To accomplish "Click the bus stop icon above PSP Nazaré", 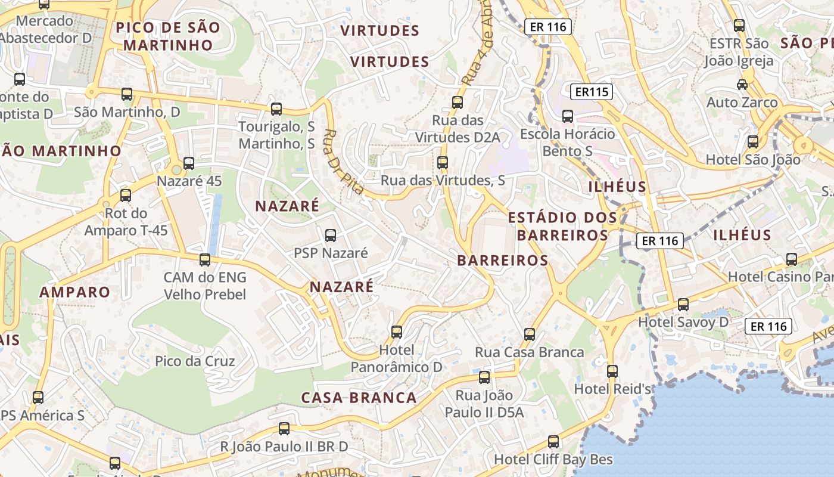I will (331, 236).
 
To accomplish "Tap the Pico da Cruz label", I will (195, 361).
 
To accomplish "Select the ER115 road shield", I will (591, 92).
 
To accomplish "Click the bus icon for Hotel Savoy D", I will (683, 304).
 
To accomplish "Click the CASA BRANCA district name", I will (359, 398).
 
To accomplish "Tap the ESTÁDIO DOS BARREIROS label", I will (562, 226).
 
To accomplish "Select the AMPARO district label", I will (75, 292).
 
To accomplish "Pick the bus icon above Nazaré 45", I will (189, 163).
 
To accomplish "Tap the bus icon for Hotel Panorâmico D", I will (397, 332).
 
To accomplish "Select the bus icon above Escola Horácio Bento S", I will (568, 116).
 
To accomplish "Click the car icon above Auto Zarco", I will (742, 85).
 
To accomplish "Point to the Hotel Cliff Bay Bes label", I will (553, 460).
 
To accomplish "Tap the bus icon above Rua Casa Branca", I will (530, 334).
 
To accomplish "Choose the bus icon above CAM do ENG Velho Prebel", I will (205, 259).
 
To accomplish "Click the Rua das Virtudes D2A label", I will (458, 129).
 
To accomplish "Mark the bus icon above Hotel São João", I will (753, 142).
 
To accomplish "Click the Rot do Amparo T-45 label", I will (126, 222).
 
